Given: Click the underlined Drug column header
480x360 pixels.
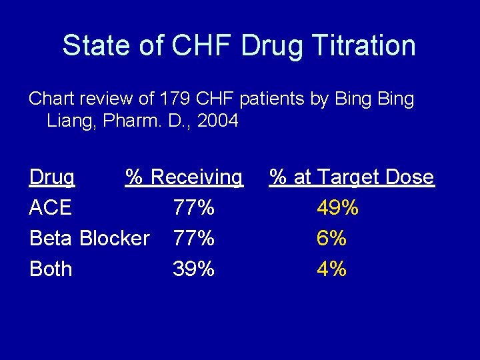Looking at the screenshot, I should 52,177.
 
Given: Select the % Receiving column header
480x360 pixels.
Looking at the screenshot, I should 185,177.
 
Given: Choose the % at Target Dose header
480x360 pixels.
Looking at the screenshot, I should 351,177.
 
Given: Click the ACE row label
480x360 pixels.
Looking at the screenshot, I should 51,208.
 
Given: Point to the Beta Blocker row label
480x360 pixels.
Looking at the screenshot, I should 89,238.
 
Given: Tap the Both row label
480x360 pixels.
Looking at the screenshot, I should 51,269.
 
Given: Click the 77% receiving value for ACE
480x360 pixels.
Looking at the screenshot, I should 193,208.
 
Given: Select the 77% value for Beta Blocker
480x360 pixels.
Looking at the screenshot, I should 193,238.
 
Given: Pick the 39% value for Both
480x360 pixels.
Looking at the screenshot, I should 193,269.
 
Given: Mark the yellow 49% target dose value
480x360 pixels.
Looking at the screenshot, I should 337,208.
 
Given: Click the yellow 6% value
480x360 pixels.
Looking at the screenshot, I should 331,238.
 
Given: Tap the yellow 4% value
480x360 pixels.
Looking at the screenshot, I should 331,269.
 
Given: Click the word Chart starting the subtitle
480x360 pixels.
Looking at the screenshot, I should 50,100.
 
